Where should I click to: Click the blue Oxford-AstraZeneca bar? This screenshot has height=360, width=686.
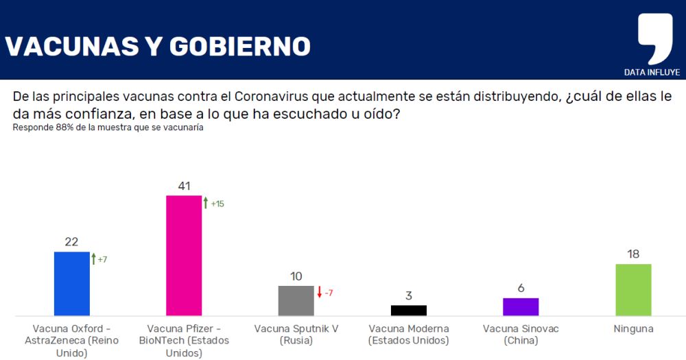click(x=72, y=283)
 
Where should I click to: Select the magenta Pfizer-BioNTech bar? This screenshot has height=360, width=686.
click(x=184, y=255)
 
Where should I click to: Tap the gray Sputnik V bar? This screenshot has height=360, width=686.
click(x=296, y=300)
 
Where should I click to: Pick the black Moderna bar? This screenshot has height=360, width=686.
click(x=408, y=310)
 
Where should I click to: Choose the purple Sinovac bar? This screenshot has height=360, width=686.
click(x=521, y=307)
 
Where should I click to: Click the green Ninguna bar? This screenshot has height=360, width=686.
click(x=633, y=289)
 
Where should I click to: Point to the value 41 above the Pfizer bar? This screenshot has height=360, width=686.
click(x=184, y=186)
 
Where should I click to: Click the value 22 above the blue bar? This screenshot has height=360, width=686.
click(x=72, y=241)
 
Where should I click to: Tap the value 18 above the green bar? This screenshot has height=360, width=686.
click(x=633, y=254)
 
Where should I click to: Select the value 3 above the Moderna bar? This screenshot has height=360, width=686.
click(x=408, y=296)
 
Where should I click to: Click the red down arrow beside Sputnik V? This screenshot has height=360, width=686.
click(x=319, y=293)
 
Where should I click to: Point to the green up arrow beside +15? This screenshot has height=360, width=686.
click(x=205, y=203)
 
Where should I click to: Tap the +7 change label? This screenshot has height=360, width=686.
click(x=103, y=260)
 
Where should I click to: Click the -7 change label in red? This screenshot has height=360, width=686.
click(x=329, y=293)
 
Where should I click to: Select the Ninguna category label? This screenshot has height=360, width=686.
click(x=633, y=329)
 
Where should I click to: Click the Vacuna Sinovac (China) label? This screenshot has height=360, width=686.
click(x=521, y=335)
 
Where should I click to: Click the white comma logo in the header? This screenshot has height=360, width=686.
click(x=654, y=38)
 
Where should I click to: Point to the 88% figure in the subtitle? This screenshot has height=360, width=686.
click(x=62, y=128)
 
